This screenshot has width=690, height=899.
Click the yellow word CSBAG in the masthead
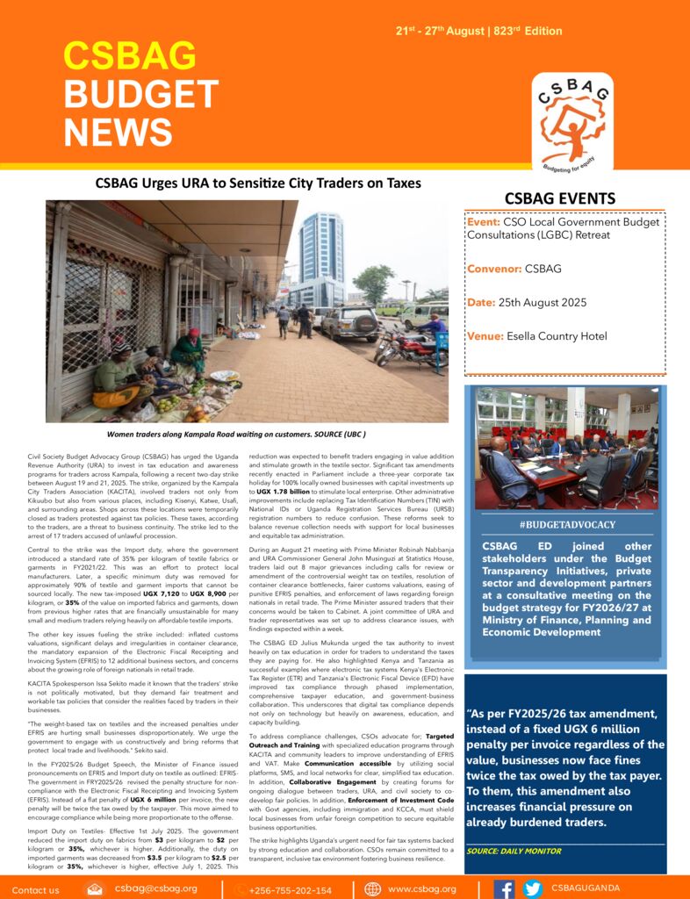tap(129, 56)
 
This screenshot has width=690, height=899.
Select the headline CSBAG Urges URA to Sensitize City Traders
tap(257, 183)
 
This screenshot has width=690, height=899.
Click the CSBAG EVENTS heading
tap(560, 198)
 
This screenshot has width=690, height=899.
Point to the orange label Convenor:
tap(494, 269)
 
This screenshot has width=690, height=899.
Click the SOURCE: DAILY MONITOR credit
tap(514, 851)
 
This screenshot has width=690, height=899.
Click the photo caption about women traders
tap(235, 435)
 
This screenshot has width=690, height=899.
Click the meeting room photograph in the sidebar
tap(566, 448)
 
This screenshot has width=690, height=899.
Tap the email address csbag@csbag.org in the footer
tap(155, 888)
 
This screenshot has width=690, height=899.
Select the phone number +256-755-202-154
tap(289, 889)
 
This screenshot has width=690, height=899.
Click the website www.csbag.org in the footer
tap(421, 889)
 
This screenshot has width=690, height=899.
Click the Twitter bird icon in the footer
tap(532, 888)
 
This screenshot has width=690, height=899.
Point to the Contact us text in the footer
tap(36, 889)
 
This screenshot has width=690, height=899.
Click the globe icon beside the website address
tap(373, 888)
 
